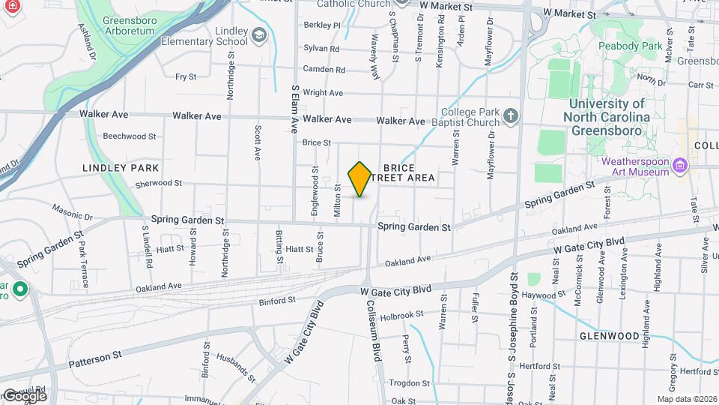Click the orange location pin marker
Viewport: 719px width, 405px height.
[360, 179]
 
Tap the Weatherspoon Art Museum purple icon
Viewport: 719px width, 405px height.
[679, 164]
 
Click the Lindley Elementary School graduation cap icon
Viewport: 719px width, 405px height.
[258, 34]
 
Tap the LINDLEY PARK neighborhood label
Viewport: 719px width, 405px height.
[121, 167]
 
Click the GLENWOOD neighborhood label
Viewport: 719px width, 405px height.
[609, 336]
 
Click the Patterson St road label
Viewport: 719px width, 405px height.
[95, 358]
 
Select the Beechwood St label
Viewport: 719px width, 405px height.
[130, 136]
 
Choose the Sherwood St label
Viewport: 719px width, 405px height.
[158, 183]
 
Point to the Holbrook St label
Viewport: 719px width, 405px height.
[401, 315]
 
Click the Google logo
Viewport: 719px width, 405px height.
[24, 395]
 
